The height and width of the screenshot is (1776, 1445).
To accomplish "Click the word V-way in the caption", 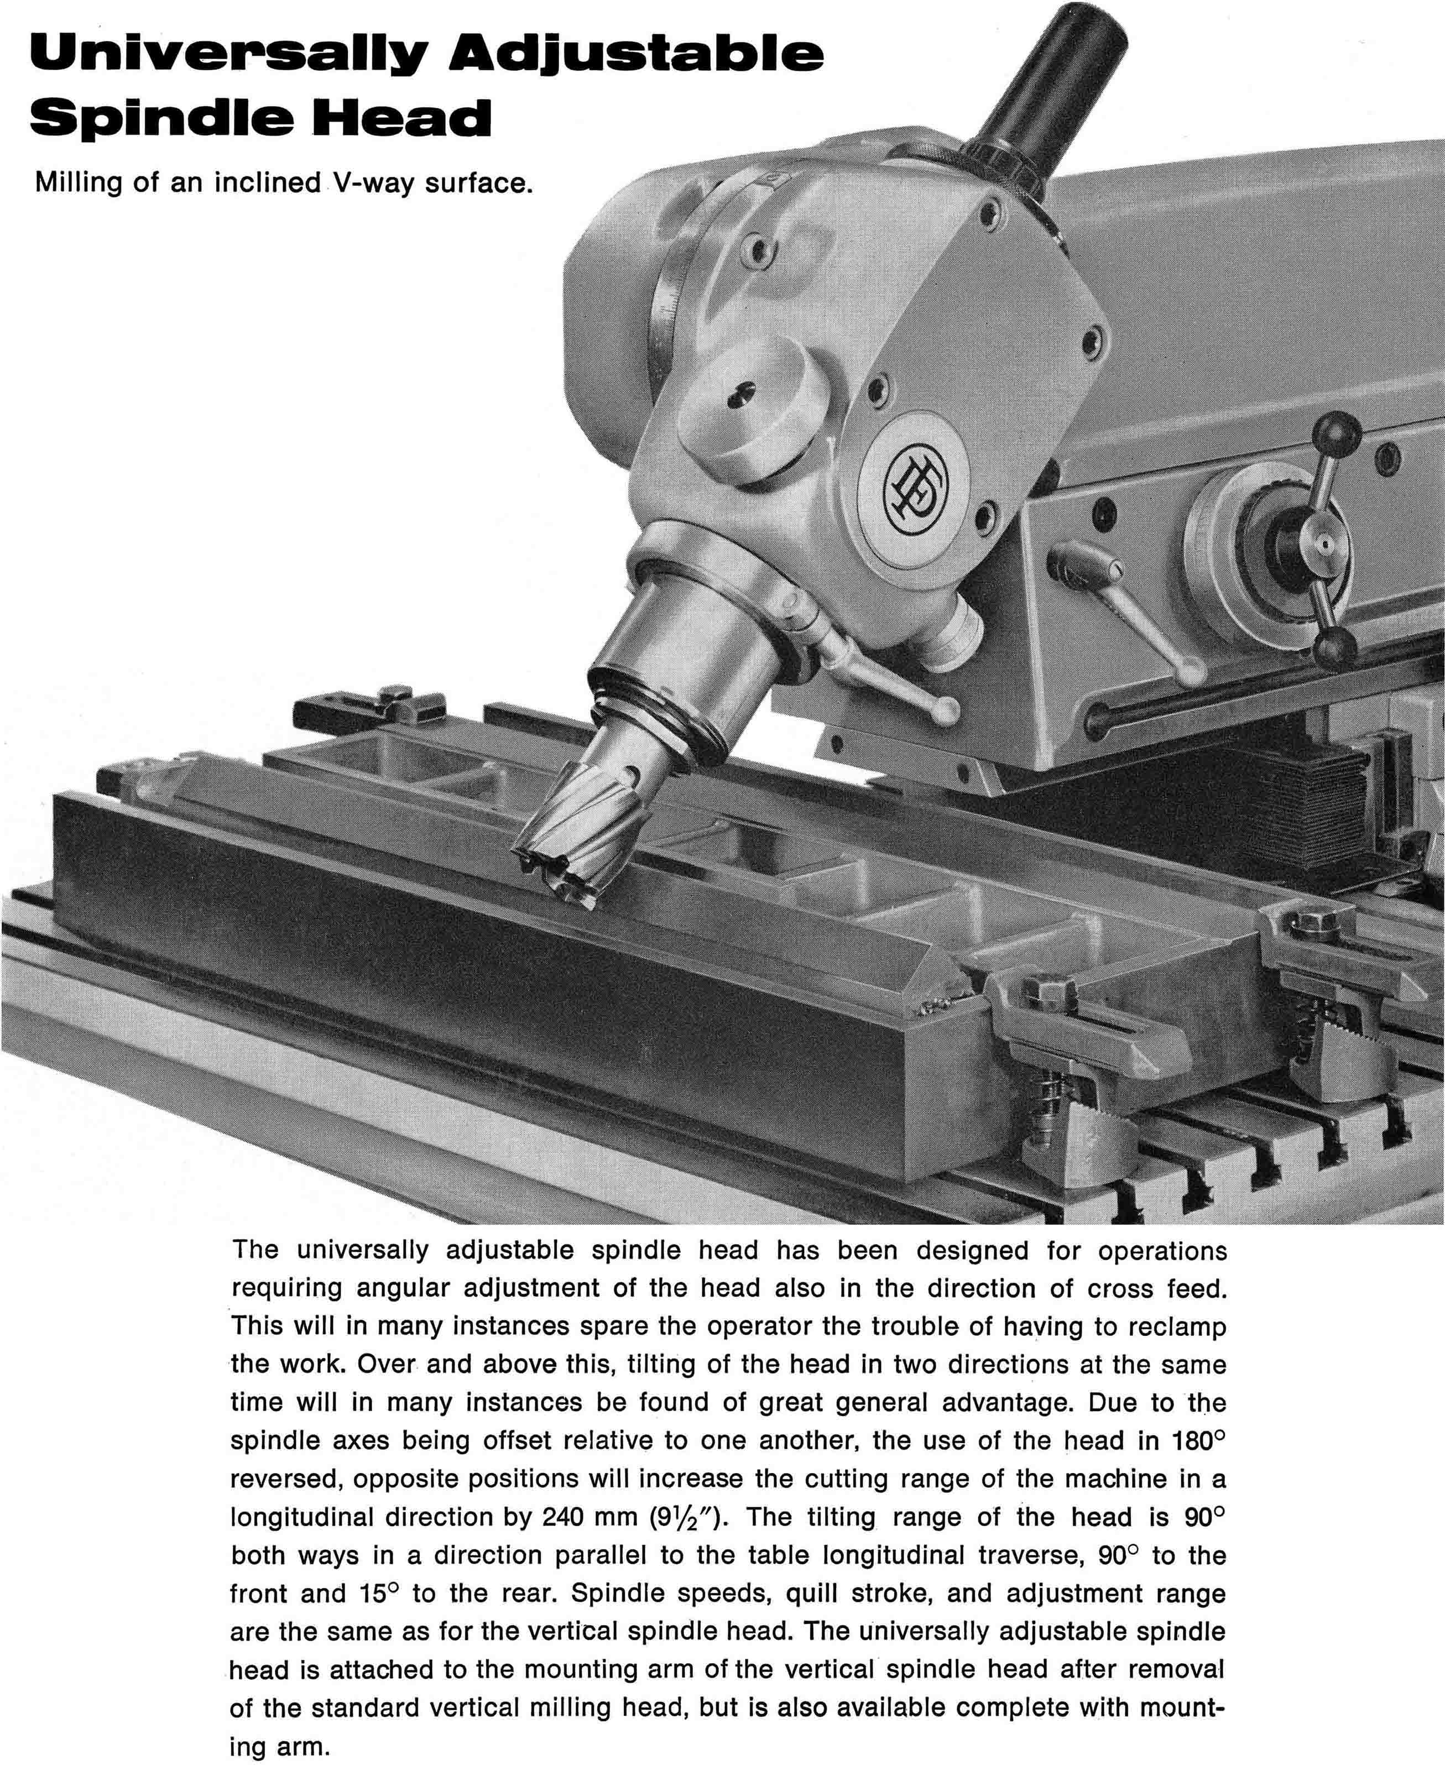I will pyautogui.click(x=373, y=182).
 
